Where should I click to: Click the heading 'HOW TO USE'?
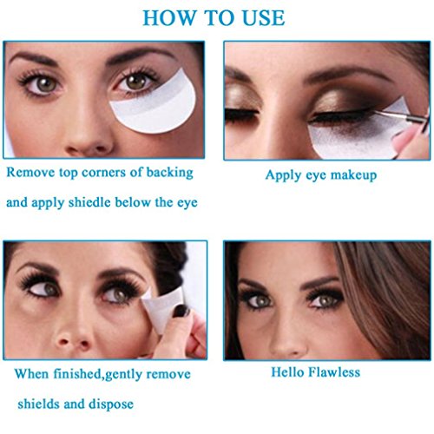click(214, 18)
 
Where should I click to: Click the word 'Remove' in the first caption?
click(30, 172)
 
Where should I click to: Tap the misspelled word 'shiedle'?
click(89, 202)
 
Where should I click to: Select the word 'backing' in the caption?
click(169, 173)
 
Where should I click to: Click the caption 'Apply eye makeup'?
click(321, 175)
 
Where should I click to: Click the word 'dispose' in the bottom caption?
click(111, 404)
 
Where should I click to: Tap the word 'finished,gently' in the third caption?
click(98, 374)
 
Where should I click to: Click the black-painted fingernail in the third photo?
click(181, 311)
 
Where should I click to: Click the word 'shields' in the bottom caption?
click(38, 404)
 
